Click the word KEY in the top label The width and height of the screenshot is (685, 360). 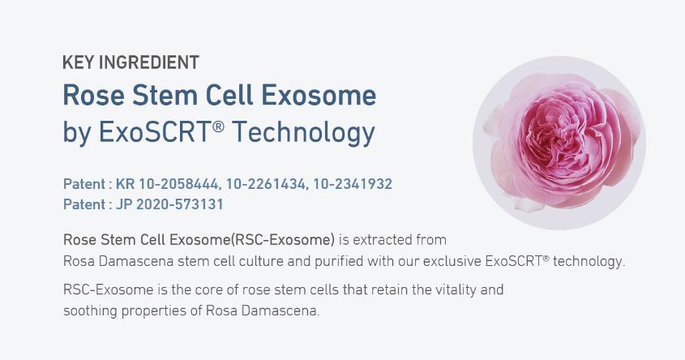tap(78, 62)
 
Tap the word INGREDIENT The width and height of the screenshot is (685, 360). tap(149, 62)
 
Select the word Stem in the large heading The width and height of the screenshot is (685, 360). tap(165, 95)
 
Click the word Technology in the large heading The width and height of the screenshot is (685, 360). tap(303, 132)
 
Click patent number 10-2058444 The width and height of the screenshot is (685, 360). tap(178, 184)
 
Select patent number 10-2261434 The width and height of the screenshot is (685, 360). tap(266, 184)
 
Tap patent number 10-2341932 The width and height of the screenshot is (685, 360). tap(353, 184)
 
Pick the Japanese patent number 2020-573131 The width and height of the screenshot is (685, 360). tap(180, 204)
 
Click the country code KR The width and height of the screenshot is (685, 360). tap(125, 184)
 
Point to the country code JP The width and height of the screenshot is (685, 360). tap(124, 204)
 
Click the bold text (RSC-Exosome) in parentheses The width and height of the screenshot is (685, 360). tap(283, 240)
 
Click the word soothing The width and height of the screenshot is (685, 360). tap(90, 311)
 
